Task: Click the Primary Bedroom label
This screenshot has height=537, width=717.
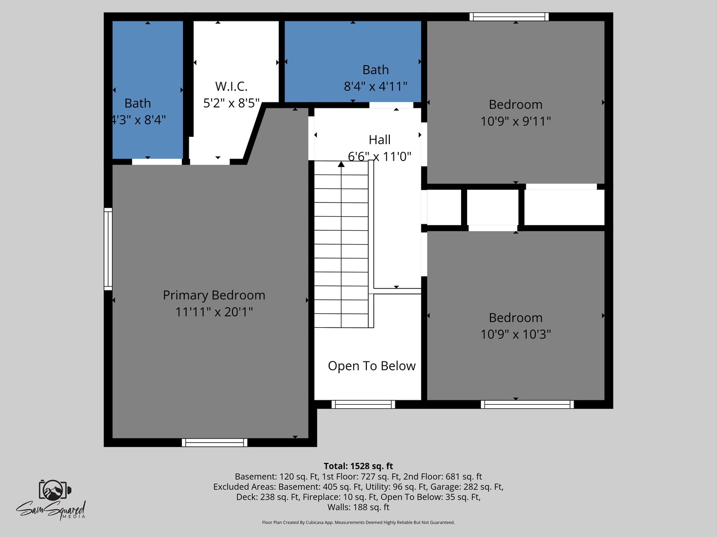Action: [214, 295]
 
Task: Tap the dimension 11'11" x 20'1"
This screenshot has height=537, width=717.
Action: [214, 312]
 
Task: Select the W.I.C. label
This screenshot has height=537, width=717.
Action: [231, 86]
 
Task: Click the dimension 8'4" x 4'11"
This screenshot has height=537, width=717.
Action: [375, 87]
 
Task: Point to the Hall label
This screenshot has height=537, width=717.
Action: [379, 140]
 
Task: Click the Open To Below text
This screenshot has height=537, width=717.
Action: [371, 366]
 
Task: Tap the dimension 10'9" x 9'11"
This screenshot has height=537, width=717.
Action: [515, 121]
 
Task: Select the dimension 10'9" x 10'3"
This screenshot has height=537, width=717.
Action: [515, 334]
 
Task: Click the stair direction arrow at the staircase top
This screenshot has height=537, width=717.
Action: [341, 164]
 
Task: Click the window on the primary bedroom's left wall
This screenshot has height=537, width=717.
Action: [108, 249]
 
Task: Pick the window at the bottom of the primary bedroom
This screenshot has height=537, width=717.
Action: [215, 443]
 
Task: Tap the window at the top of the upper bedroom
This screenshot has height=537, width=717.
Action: [509, 17]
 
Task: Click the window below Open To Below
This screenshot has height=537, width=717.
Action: [363, 404]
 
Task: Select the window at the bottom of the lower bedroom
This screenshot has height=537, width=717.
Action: [527, 404]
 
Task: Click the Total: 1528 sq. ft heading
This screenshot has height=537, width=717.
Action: [358, 466]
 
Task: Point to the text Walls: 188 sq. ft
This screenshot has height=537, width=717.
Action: [358, 507]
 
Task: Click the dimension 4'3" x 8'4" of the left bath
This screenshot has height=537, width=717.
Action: [138, 120]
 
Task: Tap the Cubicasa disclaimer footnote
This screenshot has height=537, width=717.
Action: [358, 523]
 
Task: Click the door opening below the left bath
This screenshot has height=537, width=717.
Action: [157, 162]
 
